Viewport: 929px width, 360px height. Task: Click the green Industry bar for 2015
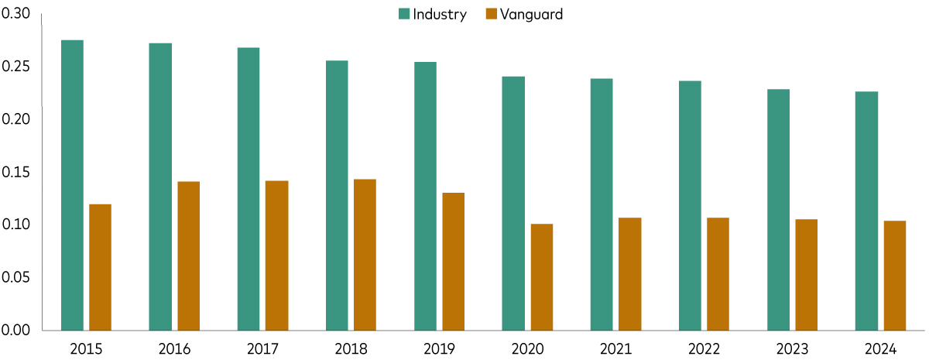(x=72, y=185)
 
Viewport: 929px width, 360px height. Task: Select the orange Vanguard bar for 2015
(x=100, y=267)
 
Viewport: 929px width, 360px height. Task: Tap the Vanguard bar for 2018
(x=365, y=255)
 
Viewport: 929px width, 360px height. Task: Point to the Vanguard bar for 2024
(x=894, y=276)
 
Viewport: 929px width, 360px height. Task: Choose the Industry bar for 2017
(x=249, y=189)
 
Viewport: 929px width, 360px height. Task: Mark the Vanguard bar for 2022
(x=718, y=274)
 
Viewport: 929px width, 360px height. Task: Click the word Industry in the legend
(x=440, y=14)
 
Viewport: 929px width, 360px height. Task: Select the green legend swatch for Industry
(x=403, y=14)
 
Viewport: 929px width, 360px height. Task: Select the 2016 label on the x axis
(x=173, y=348)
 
